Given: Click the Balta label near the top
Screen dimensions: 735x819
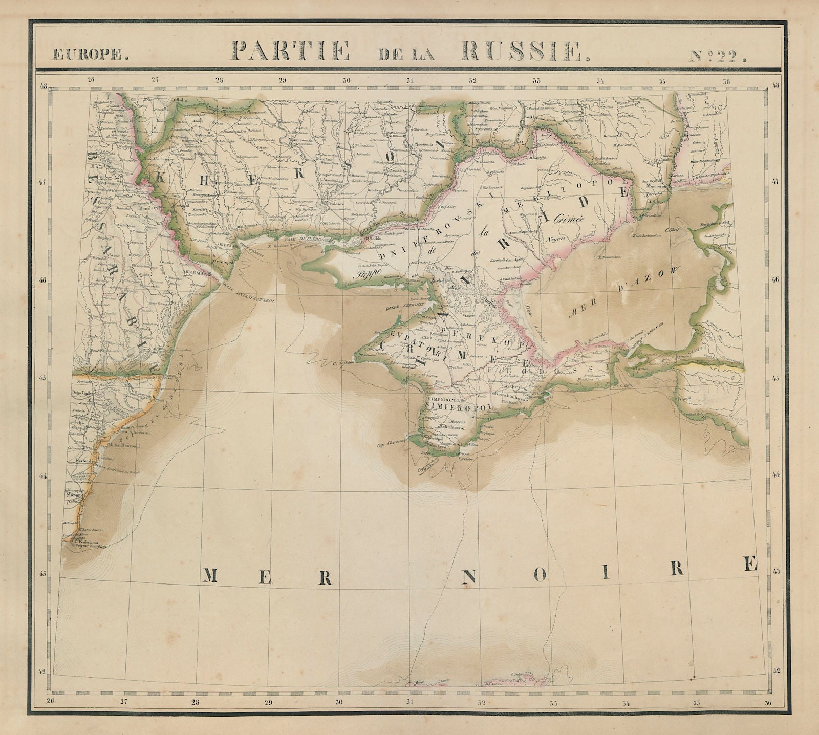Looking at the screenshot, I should point(181,100).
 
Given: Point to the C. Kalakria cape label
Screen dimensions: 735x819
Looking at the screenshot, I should point(84,543).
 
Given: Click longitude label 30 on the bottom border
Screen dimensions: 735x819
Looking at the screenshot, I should point(338,717).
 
